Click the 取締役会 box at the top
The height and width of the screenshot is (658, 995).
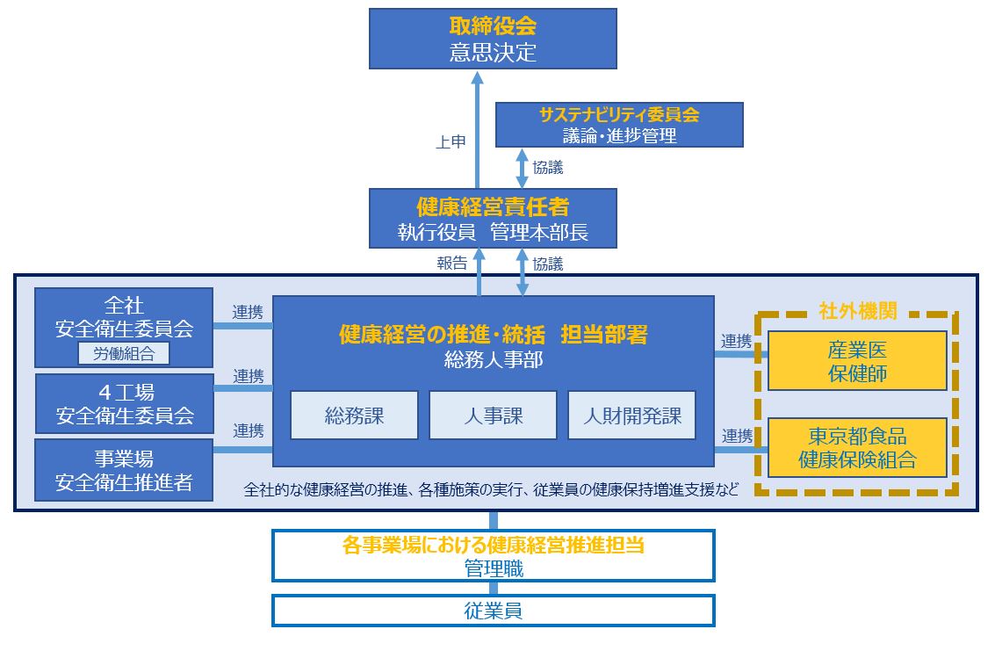(x=493, y=39)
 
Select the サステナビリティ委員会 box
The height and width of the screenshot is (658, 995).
(x=619, y=125)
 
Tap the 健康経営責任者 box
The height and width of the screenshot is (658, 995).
(x=493, y=219)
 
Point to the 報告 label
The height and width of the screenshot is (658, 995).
(x=451, y=263)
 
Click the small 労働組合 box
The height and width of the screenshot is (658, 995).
(x=124, y=353)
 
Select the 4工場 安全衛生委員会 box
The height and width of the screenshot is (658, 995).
(x=124, y=403)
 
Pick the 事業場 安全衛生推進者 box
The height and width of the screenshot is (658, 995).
(x=124, y=471)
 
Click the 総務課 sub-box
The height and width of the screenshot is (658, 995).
(x=354, y=415)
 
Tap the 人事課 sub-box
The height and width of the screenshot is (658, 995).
(x=493, y=415)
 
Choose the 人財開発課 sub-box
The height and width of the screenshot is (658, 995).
(x=632, y=415)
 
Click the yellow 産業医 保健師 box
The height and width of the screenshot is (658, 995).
(x=857, y=360)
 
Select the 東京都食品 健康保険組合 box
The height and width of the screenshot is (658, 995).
(x=857, y=447)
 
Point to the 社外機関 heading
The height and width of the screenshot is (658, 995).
(x=857, y=311)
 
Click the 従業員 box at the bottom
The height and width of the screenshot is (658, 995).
(x=493, y=611)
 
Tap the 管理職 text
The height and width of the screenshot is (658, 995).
(x=493, y=568)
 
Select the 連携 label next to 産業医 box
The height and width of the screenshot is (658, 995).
(x=737, y=341)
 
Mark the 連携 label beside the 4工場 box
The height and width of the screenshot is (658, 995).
(x=249, y=376)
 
